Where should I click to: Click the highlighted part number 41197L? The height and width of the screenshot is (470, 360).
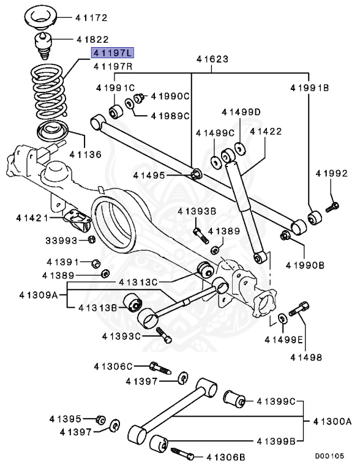(x=113, y=53)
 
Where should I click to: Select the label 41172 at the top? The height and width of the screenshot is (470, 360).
(x=91, y=18)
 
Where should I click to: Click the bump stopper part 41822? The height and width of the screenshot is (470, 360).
(x=44, y=46)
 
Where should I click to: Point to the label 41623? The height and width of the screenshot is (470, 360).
(x=212, y=59)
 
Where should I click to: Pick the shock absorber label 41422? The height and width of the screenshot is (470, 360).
(x=266, y=132)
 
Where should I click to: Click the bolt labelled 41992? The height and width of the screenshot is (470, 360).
(x=332, y=207)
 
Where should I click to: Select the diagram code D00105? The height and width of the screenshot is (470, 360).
(x=329, y=456)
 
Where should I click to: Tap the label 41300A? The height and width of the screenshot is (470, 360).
(x=332, y=422)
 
